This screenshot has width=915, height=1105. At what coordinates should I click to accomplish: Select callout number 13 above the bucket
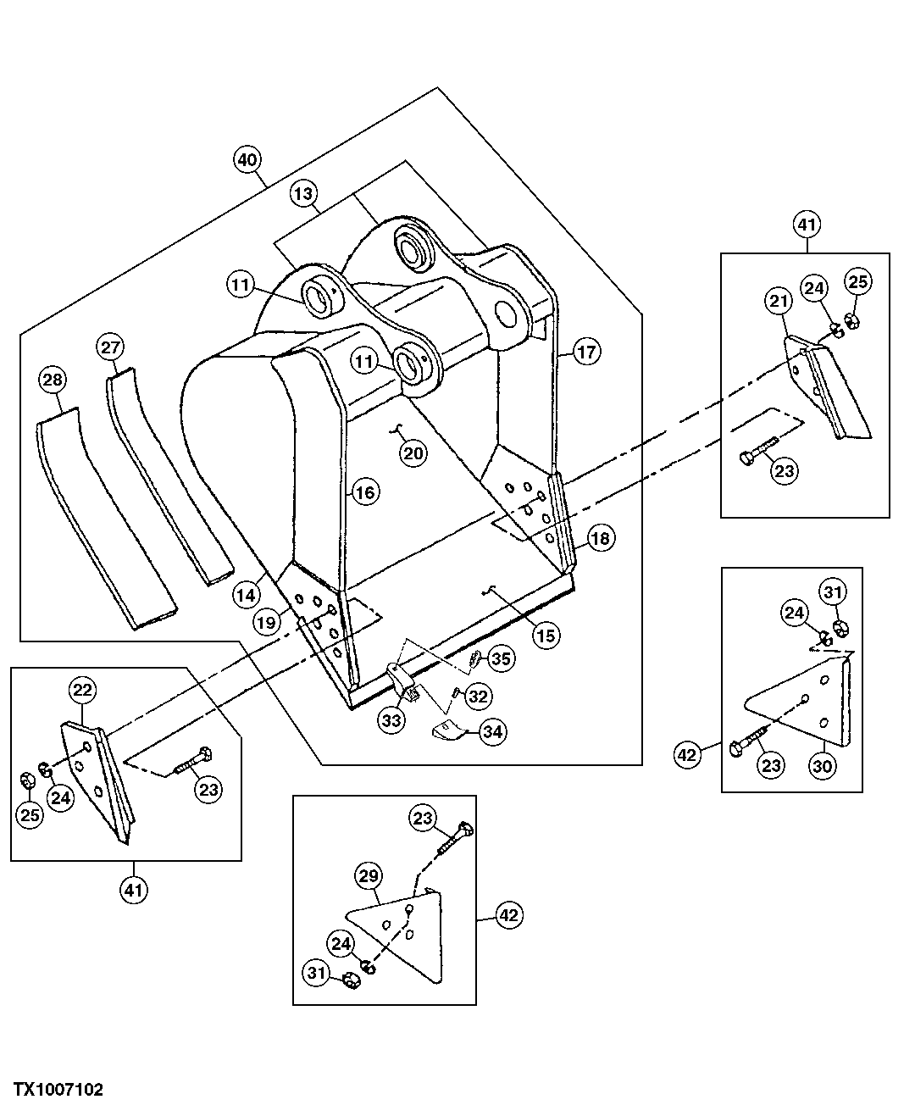(303, 194)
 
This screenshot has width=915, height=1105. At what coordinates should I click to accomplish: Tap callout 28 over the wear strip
(53, 381)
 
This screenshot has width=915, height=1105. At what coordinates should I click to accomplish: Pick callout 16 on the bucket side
(365, 491)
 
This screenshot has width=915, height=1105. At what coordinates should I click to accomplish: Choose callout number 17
(587, 352)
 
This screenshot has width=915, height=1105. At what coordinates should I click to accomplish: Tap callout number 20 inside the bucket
(413, 453)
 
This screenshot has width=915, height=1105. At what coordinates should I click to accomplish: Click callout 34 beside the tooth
(492, 730)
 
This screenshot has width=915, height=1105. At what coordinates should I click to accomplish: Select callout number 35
(501, 658)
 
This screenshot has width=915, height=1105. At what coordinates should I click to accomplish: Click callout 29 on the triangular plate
(369, 876)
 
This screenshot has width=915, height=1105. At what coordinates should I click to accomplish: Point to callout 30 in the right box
(823, 765)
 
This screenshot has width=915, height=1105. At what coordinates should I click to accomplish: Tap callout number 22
(81, 691)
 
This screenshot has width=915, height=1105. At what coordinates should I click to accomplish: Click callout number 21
(779, 300)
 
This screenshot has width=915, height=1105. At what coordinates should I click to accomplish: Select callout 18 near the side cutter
(600, 538)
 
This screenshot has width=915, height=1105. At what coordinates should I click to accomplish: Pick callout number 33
(391, 720)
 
